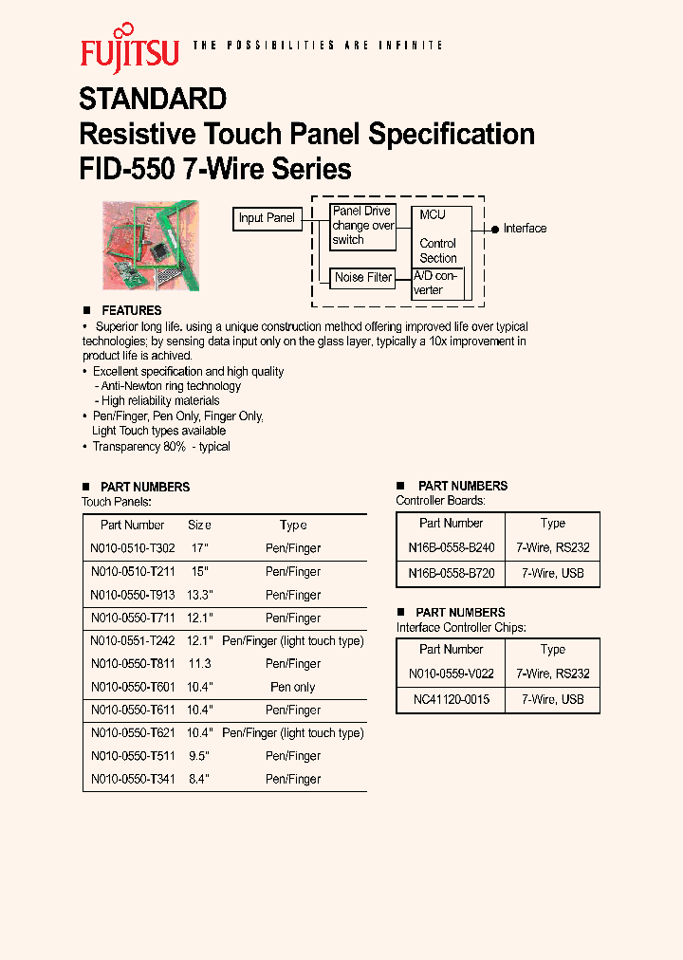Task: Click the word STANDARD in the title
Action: click(153, 99)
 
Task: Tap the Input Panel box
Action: click(267, 218)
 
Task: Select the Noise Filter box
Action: click(362, 278)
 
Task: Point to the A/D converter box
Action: click(437, 283)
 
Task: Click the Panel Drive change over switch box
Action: click(362, 226)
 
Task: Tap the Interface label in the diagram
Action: click(525, 229)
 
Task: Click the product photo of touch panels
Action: click(151, 245)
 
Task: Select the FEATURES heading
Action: click(131, 310)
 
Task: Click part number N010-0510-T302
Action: click(132, 548)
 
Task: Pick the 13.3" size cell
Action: click(199, 595)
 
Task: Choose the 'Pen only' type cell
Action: click(293, 687)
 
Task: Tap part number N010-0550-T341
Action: click(132, 779)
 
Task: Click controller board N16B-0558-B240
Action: click(451, 548)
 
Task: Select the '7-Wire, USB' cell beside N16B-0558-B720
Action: click(552, 573)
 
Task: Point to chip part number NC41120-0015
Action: click(451, 699)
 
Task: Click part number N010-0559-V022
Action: click(451, 674)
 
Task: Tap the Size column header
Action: click(199, 525)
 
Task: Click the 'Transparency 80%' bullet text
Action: click(161, 446)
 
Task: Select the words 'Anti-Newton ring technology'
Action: click(171, 386)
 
